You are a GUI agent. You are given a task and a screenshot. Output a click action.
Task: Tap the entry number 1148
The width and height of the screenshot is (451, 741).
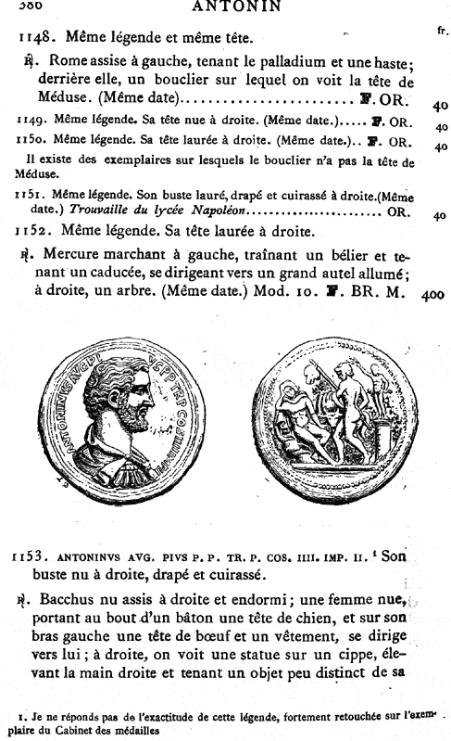[x=39, y=39]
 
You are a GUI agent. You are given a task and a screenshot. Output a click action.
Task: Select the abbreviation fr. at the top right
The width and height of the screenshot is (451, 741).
[x=440, y=31]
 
